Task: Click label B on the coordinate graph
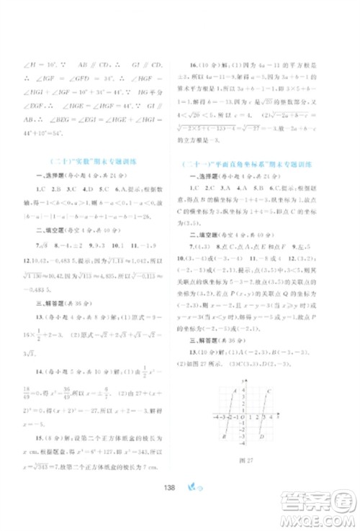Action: coord(225,437)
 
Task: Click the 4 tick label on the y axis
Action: coord(245,392)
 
